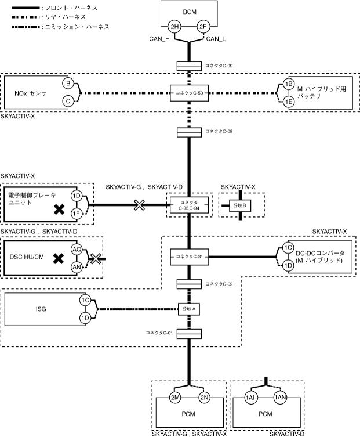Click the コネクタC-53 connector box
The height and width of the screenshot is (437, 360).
[189, 92]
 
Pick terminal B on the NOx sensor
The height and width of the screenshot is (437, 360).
[68, 84]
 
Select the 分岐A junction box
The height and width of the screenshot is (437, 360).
[189, 309]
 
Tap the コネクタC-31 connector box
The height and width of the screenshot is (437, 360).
[189, 255]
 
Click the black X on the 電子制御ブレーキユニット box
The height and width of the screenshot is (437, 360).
[59, 210]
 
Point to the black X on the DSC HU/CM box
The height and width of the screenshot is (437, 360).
[59, 258]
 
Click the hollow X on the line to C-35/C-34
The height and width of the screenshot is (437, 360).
[139, 205]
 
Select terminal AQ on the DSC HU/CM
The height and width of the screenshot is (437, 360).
[77, 249]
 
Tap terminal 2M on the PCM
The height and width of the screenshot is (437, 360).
[176, 398]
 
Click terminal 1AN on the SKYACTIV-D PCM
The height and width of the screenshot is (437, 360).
[281, 398]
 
